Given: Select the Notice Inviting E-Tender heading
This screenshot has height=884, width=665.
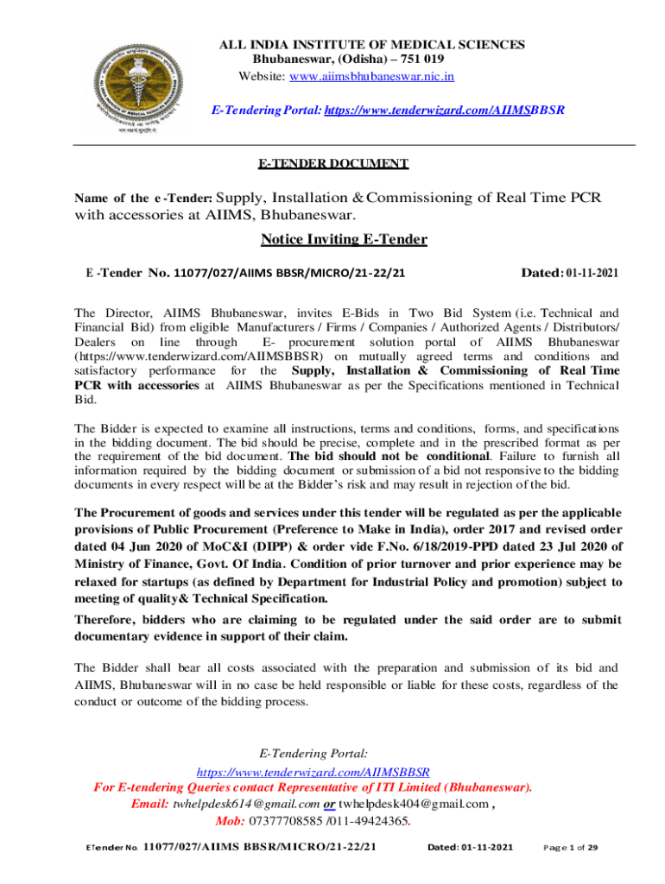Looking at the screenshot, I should pos(344,239).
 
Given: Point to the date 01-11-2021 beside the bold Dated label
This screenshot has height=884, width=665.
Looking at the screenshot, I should pos(592,273).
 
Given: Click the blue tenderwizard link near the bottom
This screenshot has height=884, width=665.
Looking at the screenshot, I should pos(313,771).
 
